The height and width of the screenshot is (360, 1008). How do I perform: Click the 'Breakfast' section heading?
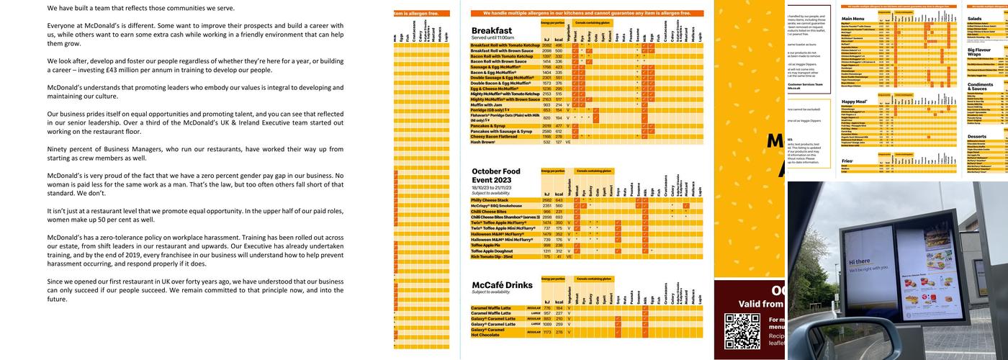point(492,31)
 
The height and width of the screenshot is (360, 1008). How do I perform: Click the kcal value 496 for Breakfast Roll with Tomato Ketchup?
point(559,45)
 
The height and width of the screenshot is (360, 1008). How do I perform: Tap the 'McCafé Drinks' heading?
point(502,285)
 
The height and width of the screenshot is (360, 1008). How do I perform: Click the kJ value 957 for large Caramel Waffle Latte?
point(547,313)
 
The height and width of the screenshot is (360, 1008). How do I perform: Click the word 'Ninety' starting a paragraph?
point(58,149)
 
